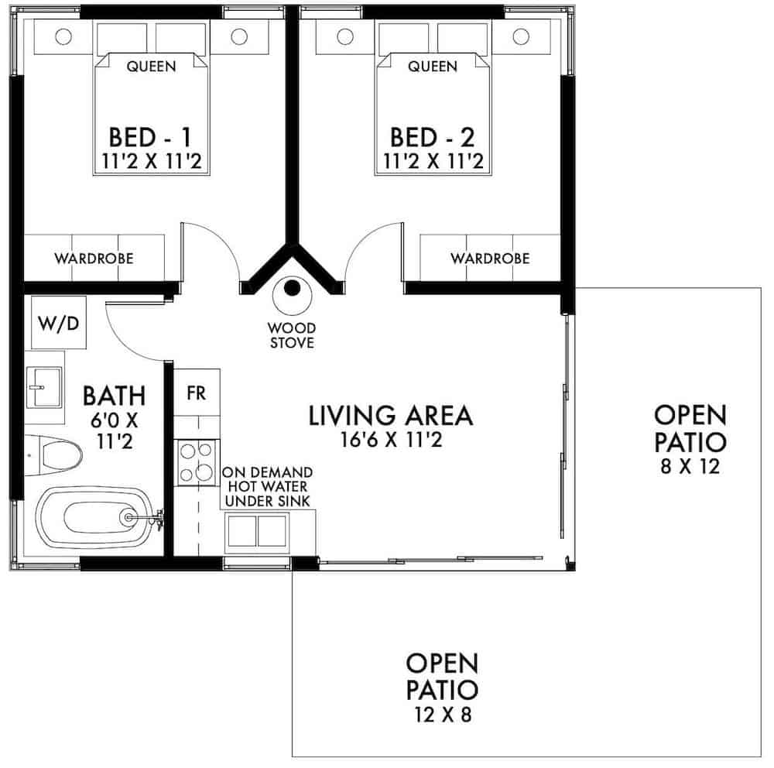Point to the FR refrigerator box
click(x=197, y=393)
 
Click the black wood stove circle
click(x=292, y=290)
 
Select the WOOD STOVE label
click(x=292, y=334)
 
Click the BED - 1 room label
click(x=150, y=139)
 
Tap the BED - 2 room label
click(x=433, y=139)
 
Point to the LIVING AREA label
click(x=390, y=416)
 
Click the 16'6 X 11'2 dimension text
click(x=390, y=440)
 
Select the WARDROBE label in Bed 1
click(x=94, y=258)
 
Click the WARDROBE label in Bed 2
click(x=490, y=258)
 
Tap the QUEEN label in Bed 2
click(x=433, y=67)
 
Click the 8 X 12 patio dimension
click(x=690, y=466)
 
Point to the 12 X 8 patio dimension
click(x=442, y=714)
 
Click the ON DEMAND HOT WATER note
click(x=267, y=486)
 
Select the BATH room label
click(x=114, y=396)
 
